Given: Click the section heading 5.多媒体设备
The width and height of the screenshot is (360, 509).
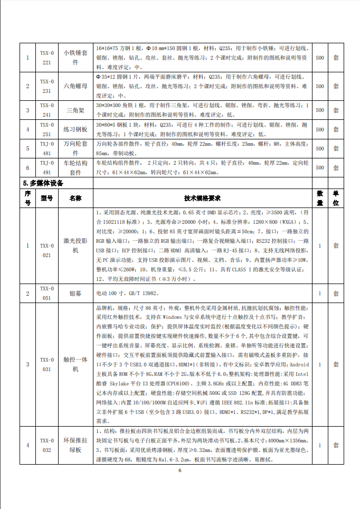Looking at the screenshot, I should [x=43, y=183].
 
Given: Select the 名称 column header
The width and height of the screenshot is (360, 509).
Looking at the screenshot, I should [x=75, y=198].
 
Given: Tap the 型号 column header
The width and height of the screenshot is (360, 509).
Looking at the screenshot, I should [x=47, y=198].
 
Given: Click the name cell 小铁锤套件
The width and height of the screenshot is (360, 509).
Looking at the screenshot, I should [x=75, y=58].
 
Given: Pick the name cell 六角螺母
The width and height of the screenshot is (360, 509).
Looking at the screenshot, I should [x=75, y=86].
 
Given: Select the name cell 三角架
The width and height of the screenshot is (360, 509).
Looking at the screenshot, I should [x=75, y=110].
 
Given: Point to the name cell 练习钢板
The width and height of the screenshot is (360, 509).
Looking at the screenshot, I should [x=75, y=129].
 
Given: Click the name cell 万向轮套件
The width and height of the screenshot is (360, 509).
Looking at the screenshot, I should [x=75, y=148].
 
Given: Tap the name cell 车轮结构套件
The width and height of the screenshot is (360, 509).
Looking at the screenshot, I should [x=75, y=167].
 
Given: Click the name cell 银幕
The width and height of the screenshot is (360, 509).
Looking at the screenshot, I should [x=75, y=293].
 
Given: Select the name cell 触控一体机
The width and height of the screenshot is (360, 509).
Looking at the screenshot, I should [x=75, y=364].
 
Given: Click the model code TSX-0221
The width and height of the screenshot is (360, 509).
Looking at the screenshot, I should [x=47, y=58].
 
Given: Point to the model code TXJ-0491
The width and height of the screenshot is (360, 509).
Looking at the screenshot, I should [x=47, y=167].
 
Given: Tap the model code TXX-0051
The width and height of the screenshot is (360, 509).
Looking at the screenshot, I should [x=47, y=293].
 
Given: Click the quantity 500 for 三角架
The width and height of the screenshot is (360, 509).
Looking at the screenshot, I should [x=320, y=110].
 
